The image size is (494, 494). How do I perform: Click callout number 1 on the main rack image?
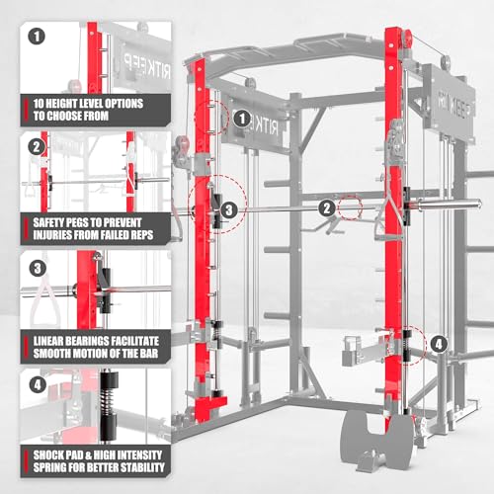[x=239, y=119]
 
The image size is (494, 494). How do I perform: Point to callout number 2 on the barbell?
[x=325, y=207]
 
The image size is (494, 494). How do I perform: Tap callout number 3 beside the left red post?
[x=228, y=209]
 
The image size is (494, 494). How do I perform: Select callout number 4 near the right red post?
[x=438, y=345]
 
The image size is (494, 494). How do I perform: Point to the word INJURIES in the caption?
[x=56, y=236]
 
